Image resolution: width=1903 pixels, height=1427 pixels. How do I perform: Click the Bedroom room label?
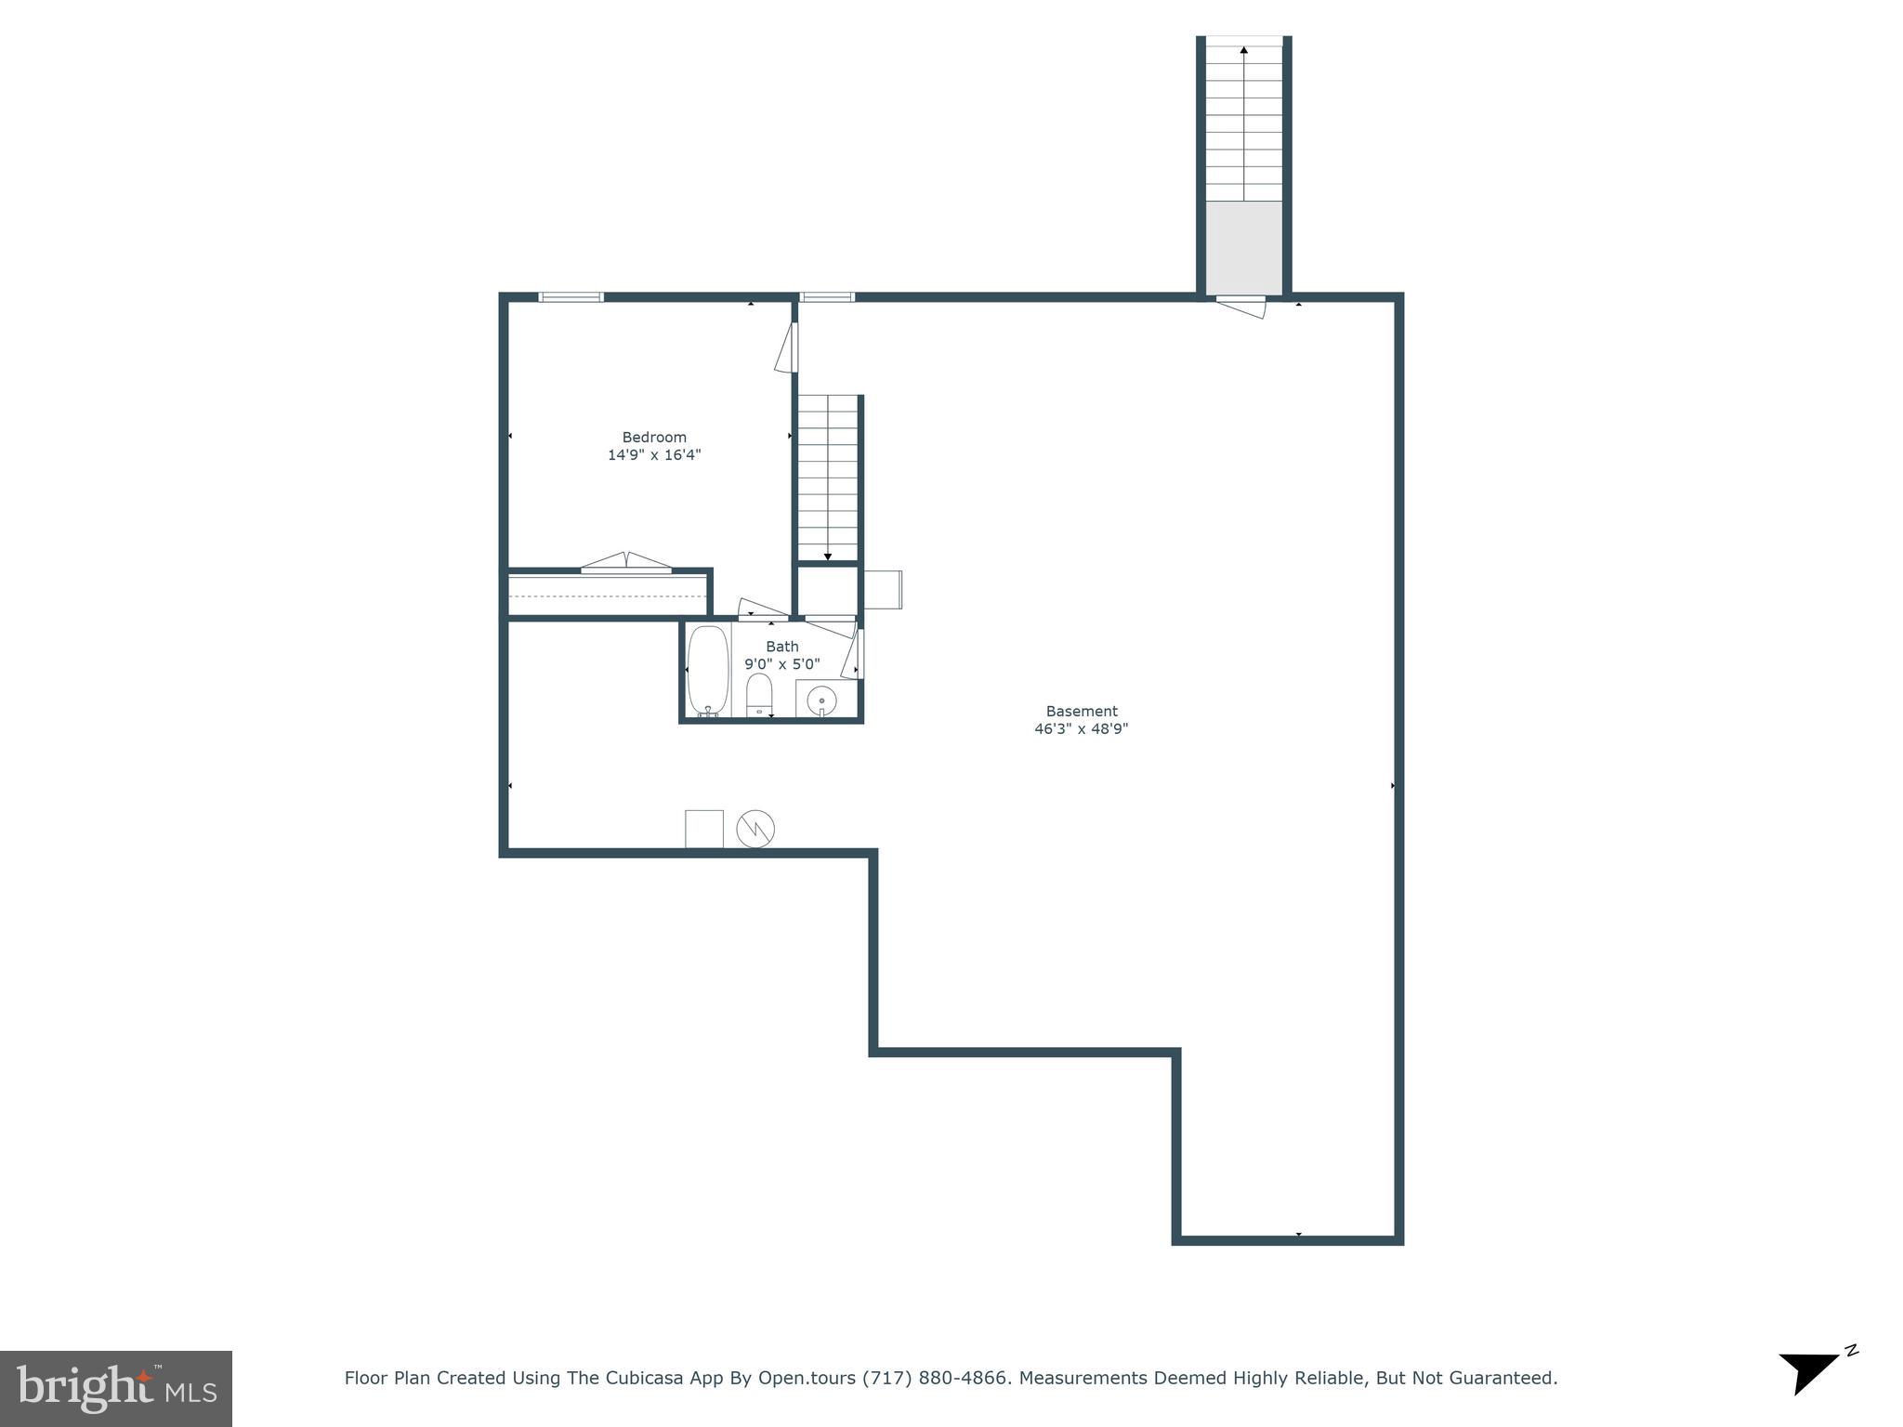[x=654, y=437]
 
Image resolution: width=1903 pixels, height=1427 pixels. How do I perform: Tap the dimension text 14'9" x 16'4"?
[x=654, y=455]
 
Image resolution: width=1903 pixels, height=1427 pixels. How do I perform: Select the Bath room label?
[x=781, y=647]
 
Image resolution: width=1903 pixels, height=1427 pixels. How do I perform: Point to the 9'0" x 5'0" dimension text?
[x=781, y=664]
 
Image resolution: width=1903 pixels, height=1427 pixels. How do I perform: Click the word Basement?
[x=1082, y=712]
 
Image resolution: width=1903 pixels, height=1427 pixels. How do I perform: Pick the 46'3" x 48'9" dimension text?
[x=1082, y=729]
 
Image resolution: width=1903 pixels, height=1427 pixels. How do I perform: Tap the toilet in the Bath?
[x=759, y=695]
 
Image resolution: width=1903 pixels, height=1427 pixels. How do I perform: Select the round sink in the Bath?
[x=821, y=700]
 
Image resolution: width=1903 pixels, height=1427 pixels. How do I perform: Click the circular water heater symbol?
[x=755, y=829]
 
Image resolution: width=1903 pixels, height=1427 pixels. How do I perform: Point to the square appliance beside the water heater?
[x=704, y=829]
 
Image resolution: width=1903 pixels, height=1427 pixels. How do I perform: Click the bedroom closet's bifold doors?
[x=626, y=562]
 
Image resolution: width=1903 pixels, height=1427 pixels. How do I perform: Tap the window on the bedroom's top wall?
[x=571, y=297]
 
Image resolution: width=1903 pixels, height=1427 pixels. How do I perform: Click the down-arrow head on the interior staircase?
[x=828, y=556]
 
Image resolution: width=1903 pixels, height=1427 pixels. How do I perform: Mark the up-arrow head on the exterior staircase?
[x=1244, y=49]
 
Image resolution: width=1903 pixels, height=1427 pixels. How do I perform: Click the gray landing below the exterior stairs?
[x=1244, y=247]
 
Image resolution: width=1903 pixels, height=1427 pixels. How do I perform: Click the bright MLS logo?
[x=116, y=1388]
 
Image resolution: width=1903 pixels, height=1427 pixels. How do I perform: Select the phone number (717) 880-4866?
[x=935, y=1379]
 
